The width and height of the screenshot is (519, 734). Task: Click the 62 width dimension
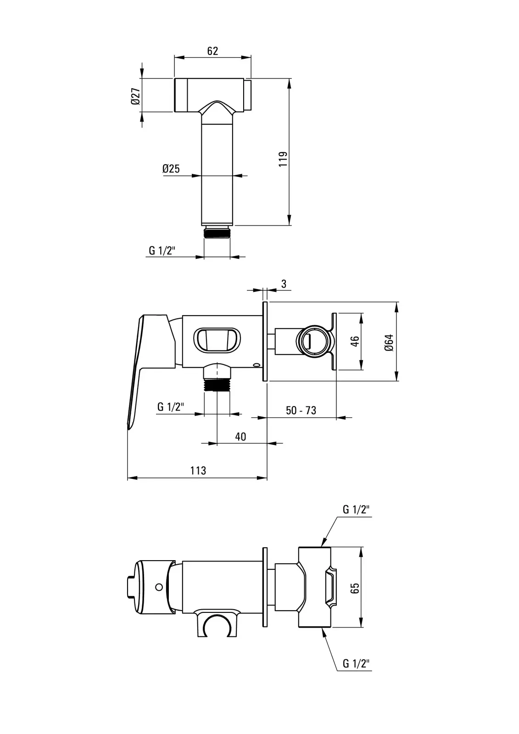point(212,51)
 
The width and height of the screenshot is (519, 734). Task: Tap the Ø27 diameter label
point(136,96)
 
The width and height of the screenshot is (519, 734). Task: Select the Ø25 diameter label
point(171,169)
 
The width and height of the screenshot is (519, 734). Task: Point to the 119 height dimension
point(283,159)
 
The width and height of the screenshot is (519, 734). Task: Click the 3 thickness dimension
point(284,284)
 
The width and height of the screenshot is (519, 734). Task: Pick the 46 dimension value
point(355,341)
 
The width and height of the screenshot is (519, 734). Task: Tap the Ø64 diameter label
point(389,343)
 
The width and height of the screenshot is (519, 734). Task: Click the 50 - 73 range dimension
point(301,410)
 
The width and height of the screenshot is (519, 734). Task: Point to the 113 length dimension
point(198,471)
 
